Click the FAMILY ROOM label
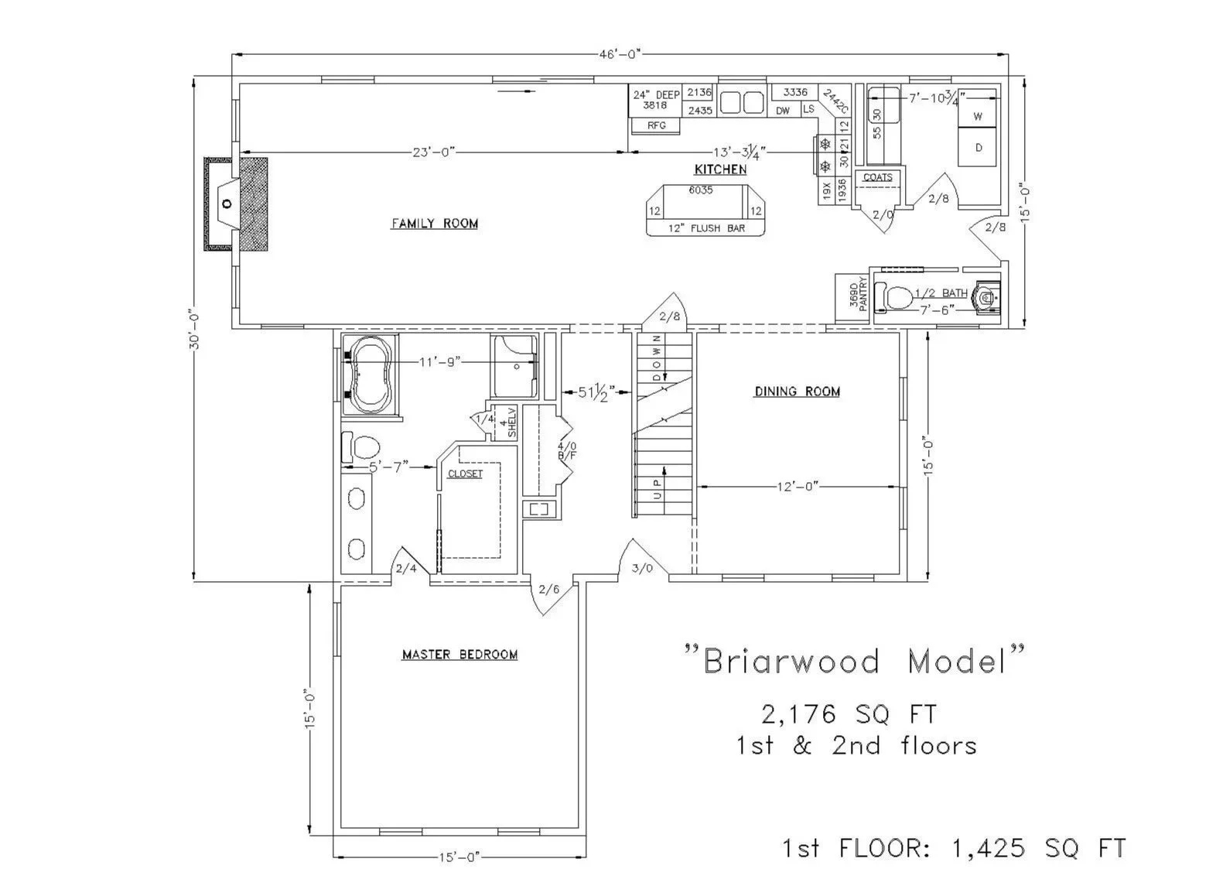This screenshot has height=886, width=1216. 434,224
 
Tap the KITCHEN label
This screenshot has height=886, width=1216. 720,169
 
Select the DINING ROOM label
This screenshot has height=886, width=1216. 797,392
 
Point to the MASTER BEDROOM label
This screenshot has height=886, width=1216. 459,655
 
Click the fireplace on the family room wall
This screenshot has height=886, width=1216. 236,204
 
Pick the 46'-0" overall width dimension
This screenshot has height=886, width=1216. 620,54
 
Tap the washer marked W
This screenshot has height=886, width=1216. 978,117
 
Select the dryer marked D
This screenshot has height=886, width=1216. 978,148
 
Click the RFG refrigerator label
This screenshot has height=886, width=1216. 657,125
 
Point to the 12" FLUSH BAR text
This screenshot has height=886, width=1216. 706,228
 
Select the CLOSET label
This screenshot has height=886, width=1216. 465,474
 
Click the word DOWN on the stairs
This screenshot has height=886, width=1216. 657,357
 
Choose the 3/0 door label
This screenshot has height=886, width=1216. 642,568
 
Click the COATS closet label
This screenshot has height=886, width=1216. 877,177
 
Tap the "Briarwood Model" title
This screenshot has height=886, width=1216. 856,662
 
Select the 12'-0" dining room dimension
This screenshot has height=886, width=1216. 798,487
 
